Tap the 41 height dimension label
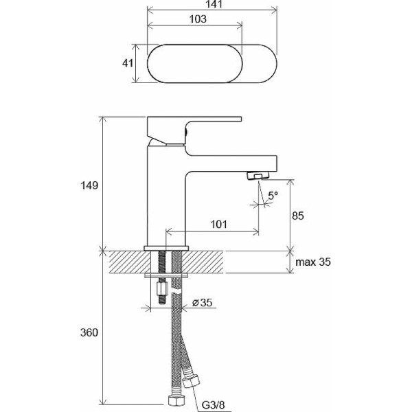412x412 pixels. pyautogui.click(x=127, y=63)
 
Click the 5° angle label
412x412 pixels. pyautogui.click(x=273, y=196)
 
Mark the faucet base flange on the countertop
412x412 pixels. pyautogui.click(x=165, y=247)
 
